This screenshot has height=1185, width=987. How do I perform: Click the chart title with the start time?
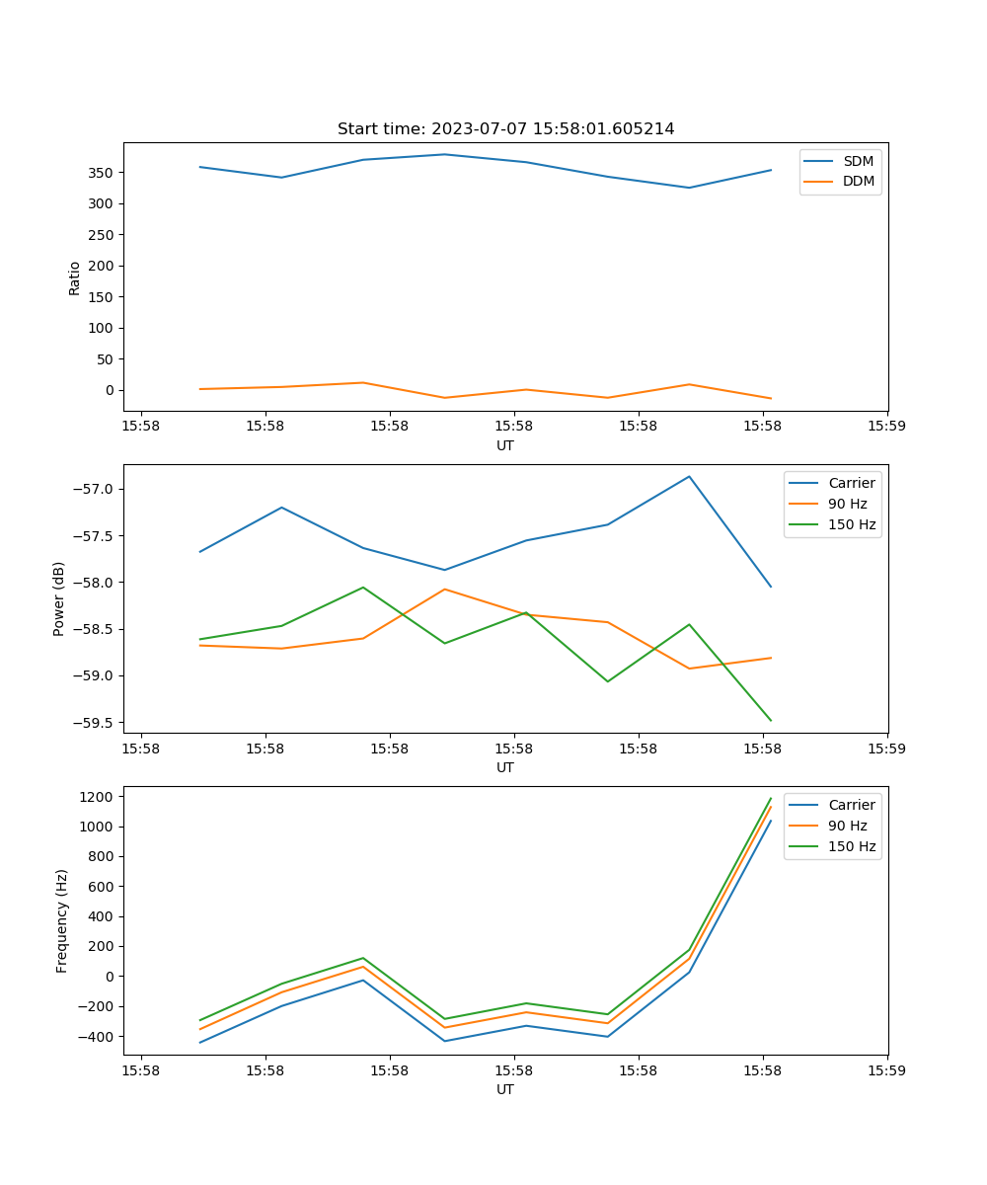coord(505,129)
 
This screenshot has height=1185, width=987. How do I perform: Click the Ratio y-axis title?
coord(75,277)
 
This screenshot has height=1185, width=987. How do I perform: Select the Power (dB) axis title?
coord(59,598)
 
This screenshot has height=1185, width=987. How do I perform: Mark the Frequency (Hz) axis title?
coord(62,920)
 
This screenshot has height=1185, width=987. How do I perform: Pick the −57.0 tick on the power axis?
coord(97,489)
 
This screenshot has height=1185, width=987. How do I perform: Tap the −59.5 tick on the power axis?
coord(97,722)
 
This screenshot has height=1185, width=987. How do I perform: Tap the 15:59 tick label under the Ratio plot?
coord(886,428)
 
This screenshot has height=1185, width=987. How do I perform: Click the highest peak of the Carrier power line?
coord(689,477)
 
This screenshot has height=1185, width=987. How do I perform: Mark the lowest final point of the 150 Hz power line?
coord(771,720)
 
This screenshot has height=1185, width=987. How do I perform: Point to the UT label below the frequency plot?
coord(505,1089)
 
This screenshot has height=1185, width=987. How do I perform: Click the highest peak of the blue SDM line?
coord(444,154)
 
